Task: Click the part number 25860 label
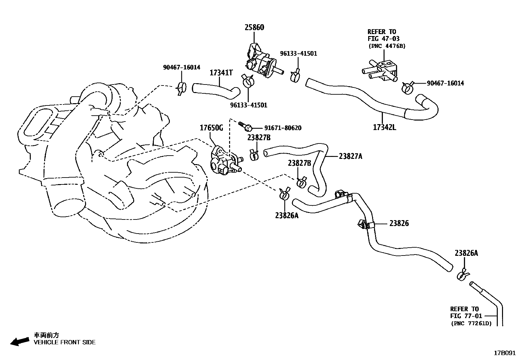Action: [x=254, y=27]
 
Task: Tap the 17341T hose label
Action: [x=221, y=72]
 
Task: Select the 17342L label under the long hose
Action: [x=384, y=127]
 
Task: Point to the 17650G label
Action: [x=211, y=128]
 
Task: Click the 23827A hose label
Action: [x=350, y=156]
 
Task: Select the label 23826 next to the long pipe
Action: [x=399, y=223]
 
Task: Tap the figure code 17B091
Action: [x=505, y=353]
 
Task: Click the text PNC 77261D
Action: [x=471, y=323]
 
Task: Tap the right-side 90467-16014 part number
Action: [x=445, y=83]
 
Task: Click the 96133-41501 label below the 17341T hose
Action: [x=248, y=105]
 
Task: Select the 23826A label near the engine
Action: [x=287, y=215]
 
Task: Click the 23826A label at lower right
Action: [x=466, y=253]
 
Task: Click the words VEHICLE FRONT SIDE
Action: [x=65, y=342]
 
